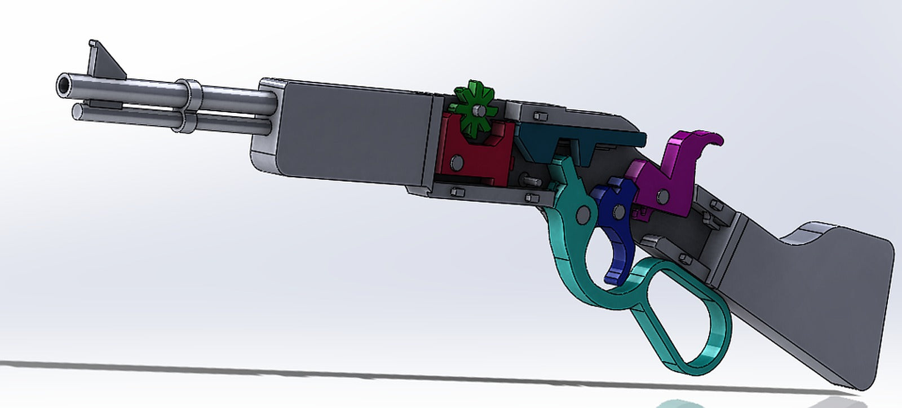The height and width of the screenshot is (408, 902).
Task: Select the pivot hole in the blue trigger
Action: coord(620,212)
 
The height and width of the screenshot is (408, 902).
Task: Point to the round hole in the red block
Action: coord(456,163)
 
